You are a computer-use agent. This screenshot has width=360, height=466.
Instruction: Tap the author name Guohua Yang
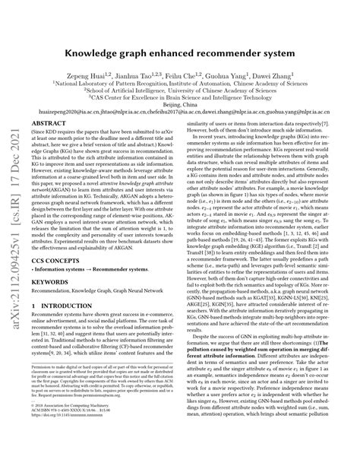point(250,76)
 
